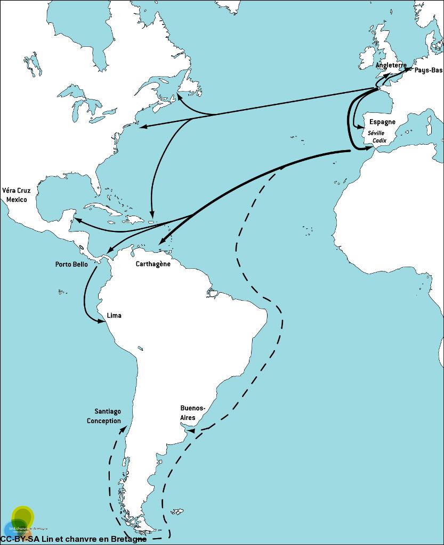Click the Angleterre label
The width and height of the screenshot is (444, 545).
coord(391,65)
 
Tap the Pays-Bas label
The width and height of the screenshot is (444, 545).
coord(428,70)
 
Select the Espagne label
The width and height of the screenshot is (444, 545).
coord(382,122)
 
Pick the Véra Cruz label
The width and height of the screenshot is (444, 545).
coord(16,190)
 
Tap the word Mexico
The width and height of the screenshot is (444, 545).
coord(16,199)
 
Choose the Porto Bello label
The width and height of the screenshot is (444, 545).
coord(71,264)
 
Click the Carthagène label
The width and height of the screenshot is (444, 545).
coord(153,264)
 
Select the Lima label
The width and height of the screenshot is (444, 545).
coord(114,315)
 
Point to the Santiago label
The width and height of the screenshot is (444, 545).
coord(108,411)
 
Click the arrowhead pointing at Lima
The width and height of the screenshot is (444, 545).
coord(102,320)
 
